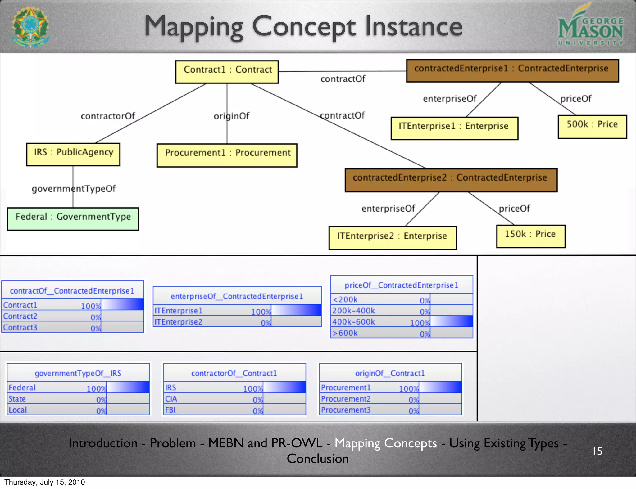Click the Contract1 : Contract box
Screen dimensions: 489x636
pos(227,72)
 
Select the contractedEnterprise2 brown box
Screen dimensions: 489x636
pos(451,180)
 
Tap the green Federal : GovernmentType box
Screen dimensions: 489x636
pos(73,219)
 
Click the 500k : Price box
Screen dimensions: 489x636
pos(592,127)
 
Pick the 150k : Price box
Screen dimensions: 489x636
pos(530,236)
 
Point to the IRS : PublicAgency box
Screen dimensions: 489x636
pos(73,154)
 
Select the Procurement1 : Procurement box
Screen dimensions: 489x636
pos(227,155)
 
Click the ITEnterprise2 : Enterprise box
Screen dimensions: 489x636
pos(393,238)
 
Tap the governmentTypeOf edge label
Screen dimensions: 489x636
pos(74,189)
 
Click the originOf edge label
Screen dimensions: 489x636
pos(231,116)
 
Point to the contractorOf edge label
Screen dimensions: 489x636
pos(108,116)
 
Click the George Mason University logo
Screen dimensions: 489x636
pos(590,26)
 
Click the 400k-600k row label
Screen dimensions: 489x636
pos(354,322)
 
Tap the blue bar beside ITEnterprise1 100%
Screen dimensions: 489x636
pos(296,310)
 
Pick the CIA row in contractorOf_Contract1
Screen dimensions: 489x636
pos(171,399)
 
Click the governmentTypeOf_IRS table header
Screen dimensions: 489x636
pos(78,373)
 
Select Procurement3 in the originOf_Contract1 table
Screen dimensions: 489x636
pos(346,410)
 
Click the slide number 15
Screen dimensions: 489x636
pos(597,451)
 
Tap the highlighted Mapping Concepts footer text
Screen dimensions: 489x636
pos(385,443)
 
